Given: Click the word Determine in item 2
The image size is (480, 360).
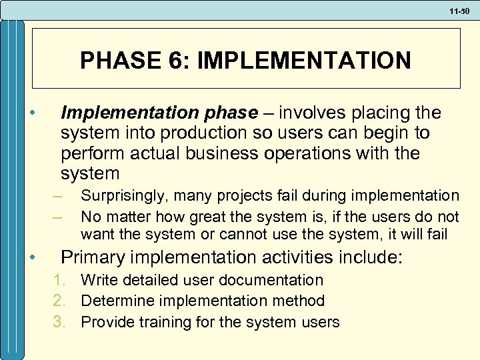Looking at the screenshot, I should (x=115, y=301).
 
